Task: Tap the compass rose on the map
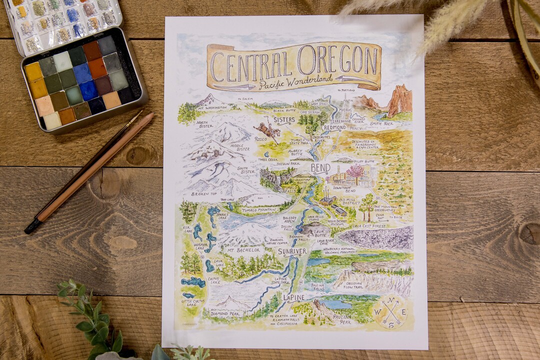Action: point(390,311)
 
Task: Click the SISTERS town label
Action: point(284,120)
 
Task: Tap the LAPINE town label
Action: point(293,297)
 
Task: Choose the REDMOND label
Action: point(334,128)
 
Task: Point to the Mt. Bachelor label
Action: point(243,249)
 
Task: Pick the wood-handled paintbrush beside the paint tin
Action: point(90,170)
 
